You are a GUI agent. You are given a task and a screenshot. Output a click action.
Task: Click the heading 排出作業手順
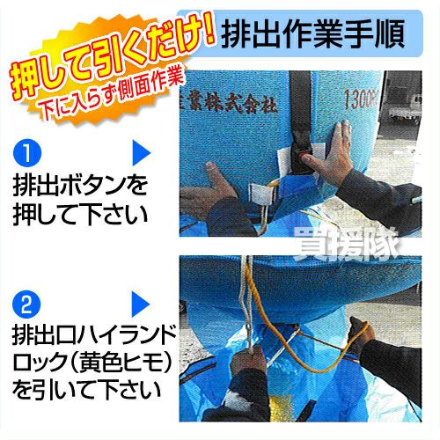click(x=313, y=33)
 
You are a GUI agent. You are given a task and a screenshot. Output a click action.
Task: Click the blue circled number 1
click(x=27, y=153)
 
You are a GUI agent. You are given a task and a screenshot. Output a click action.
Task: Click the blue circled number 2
click(x=26, y=305)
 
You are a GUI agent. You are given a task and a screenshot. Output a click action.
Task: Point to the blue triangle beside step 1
click(x=141, y=153)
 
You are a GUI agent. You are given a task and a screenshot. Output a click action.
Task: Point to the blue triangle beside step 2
click(x=141, y=304)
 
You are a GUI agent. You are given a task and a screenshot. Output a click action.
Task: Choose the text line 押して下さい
click(x=80, y=213)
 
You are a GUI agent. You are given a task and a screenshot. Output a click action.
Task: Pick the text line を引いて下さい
click(x=87, y=390)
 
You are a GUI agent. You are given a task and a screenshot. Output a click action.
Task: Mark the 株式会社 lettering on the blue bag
click(x=249, y=105)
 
